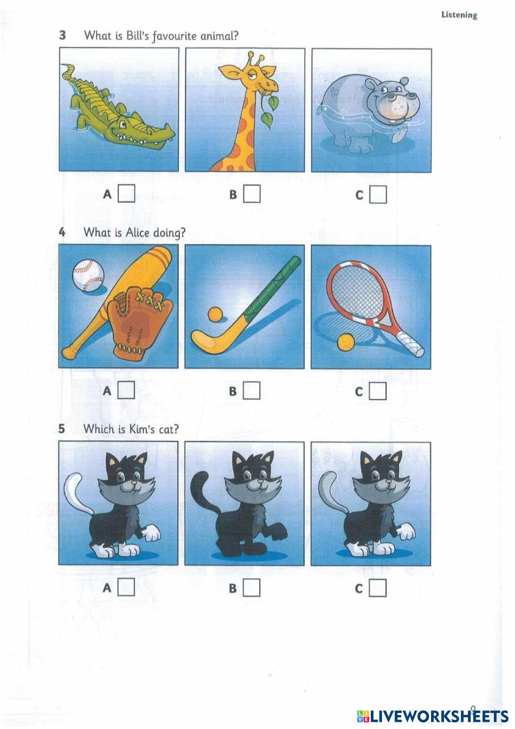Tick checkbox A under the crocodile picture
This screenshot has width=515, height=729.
pyautogui.click(x=126, y=194)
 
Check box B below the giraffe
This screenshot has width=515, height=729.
pyautogui.click(x=252, y=194)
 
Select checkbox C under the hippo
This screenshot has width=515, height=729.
pyautogui.click(x=378, y=194)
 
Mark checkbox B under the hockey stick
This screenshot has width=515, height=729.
pyautogui.click(x=252, y=391)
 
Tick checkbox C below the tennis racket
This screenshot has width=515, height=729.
pyautogui.click(x=378, y=391)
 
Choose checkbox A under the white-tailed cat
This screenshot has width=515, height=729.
pyautogui.click(x=126, y=587)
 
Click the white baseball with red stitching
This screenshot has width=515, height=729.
pyautogui.click(x=89, y=275)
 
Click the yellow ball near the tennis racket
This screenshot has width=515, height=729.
pyautogui.click(x=346, y=343)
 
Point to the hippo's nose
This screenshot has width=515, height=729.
pyautogui.click(x=402, y=98)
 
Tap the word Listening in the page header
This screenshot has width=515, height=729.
pyautogui.click(x=459, y=15)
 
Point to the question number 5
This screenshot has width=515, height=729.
pyautogui.click(x=62, y=428)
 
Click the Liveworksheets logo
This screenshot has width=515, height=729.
pyautogui.click(x=433, y=716)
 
